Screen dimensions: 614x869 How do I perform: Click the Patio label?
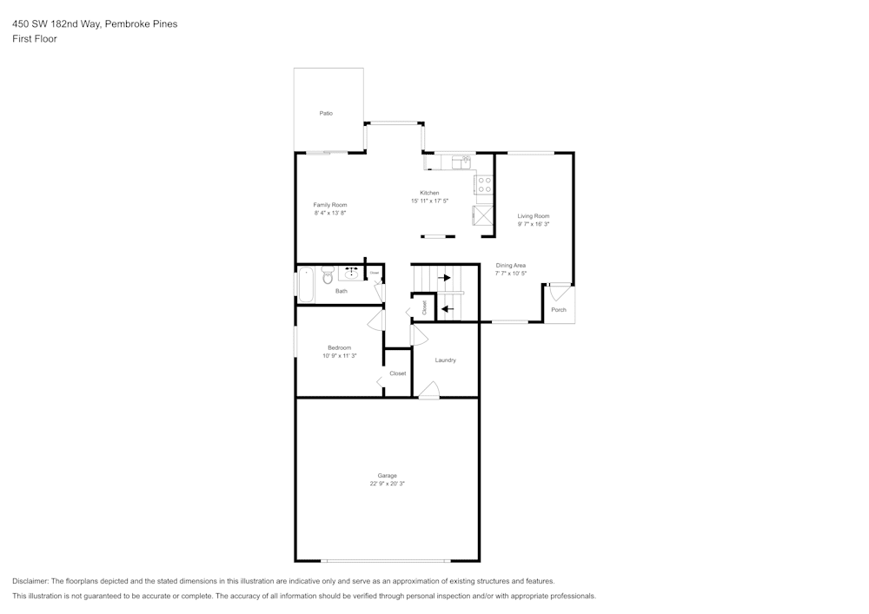coord(326,113)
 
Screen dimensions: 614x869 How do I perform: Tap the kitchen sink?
coord(460,161)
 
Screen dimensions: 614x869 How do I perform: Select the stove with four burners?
coord(484,184)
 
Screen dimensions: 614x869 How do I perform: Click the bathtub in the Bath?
coord(306,284)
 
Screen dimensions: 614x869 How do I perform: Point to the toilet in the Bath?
coord(328,275)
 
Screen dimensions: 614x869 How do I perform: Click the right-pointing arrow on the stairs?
coord(445,278)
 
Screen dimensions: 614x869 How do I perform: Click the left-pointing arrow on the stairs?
coord(447,308)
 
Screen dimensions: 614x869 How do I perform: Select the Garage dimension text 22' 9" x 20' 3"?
coord(387,484)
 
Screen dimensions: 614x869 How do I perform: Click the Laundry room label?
coord(445,360)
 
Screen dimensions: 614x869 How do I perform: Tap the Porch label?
coord(559,310)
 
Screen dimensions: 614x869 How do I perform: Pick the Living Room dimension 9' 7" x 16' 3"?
coord(534,224)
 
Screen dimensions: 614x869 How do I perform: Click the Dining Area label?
coord(510,265)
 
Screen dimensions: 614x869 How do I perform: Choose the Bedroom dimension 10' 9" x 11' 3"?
coord(339,355)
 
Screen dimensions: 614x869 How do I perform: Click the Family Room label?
coord(330,205)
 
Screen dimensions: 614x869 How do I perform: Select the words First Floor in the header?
coord(35,39)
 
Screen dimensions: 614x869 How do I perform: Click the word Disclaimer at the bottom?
coord(30,581)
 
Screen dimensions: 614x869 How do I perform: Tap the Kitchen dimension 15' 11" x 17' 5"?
coord(429,201)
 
